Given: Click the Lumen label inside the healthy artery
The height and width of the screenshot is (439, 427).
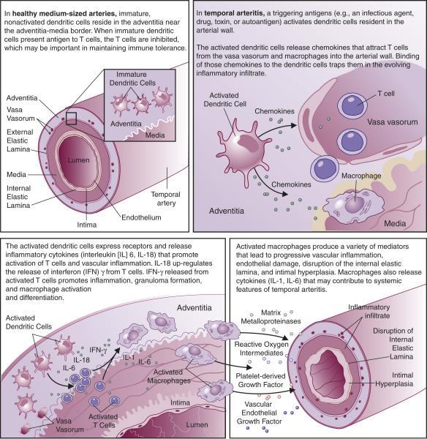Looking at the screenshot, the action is click(x=79, y=160).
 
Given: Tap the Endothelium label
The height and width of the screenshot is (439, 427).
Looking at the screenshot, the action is click(x=141, y=217).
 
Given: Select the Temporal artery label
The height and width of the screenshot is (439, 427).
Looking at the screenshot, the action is click(x=166, y=198).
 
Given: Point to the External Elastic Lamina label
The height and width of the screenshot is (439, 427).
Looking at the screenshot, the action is click(x=20, y=140).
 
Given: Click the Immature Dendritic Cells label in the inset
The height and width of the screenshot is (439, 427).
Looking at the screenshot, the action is click(x=132, y=79).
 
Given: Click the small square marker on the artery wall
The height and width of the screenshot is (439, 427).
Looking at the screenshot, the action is click(x=71, y=119).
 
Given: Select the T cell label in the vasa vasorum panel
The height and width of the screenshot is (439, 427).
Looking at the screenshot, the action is click(x=386, y=94).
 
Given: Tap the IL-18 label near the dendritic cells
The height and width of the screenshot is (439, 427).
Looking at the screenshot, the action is click(x=81, y=359).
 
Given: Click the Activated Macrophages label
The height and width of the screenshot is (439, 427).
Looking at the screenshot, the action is click(x=169, y=376).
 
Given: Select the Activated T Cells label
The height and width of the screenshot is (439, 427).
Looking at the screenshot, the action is click(x=103, y=421).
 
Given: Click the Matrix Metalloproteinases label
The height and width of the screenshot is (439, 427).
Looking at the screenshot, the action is click(x=271, y=317).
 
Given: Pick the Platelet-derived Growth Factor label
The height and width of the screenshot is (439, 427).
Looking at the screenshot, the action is click(x=260, y=380).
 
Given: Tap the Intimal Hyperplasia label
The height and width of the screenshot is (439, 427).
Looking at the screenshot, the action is click(x=394, y=379).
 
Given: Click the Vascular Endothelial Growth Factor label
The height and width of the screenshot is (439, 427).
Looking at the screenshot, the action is click(x=259, y=413).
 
